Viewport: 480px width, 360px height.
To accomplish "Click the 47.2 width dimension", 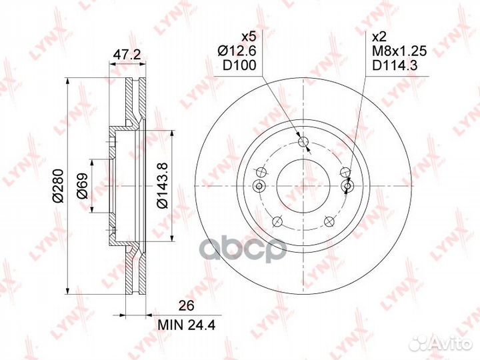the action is [127, 55].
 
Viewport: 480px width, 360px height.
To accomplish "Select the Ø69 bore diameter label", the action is [82, 186].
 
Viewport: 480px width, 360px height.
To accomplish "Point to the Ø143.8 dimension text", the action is [163, 185].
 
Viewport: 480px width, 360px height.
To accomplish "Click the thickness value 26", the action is [187, 306].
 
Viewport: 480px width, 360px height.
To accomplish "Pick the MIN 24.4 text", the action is [187, 325].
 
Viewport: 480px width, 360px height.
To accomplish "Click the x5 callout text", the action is [249, 37].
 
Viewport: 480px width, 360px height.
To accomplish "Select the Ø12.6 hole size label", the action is [237, 51].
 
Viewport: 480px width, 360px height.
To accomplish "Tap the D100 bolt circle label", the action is [239, 65].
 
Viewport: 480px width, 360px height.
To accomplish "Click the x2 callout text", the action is [379, 37].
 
